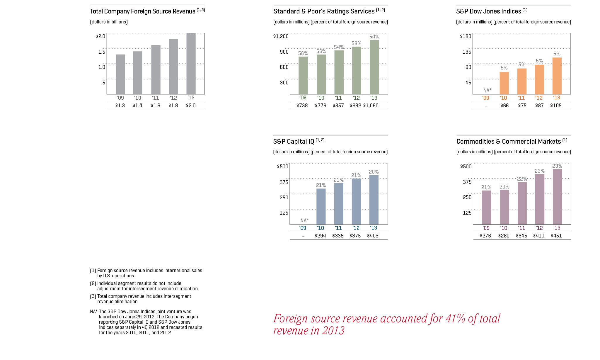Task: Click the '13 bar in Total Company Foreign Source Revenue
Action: [191, 63]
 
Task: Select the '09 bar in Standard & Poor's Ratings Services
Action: [303, 75]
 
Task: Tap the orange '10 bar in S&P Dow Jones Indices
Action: [504, 83]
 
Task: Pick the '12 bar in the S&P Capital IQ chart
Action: [356, 201]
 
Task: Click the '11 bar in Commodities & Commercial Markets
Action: [522, 203]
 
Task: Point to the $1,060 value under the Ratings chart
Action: [371, 106]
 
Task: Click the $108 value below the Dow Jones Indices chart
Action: [556, 106]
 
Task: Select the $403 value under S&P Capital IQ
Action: [373, 236]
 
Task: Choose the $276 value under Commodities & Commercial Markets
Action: [485, 236]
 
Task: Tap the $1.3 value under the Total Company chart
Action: [120, 106]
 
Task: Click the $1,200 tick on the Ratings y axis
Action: [281, 36]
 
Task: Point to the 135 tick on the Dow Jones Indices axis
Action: [467, 52]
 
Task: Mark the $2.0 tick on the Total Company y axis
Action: [100, 36]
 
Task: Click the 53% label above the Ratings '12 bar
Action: [356, 43]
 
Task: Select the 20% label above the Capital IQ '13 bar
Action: [374, 172]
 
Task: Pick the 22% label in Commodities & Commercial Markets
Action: [522, 179]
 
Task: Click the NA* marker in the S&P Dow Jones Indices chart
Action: [487, 90]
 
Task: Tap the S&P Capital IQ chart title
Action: [294, 142]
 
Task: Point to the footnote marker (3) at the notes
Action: [93, 296]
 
